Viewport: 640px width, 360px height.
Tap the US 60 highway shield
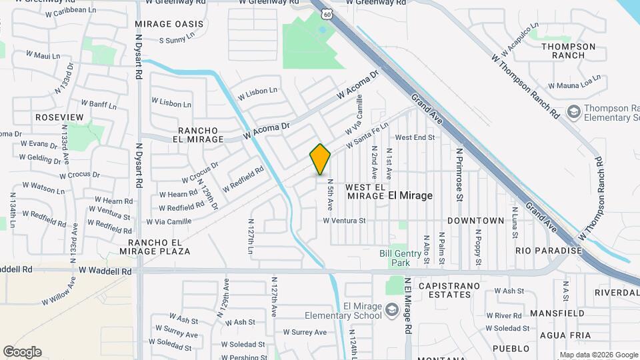[325, 13]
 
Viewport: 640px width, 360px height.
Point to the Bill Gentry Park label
[399, 258]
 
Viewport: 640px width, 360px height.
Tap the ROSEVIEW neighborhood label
[59, 117]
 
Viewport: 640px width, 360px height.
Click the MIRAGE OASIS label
[169, 24]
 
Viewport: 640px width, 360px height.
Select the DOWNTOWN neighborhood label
[475, 220]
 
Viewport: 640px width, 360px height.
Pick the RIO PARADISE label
[549, 251]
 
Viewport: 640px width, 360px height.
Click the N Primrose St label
[459, 175]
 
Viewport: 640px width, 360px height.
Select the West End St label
[415, 137]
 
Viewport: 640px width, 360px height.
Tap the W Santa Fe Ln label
[366, 137]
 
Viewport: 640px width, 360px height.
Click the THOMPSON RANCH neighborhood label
[568, 51]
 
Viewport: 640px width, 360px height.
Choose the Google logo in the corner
[22, 352]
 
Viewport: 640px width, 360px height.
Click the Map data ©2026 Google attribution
[599, 355]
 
